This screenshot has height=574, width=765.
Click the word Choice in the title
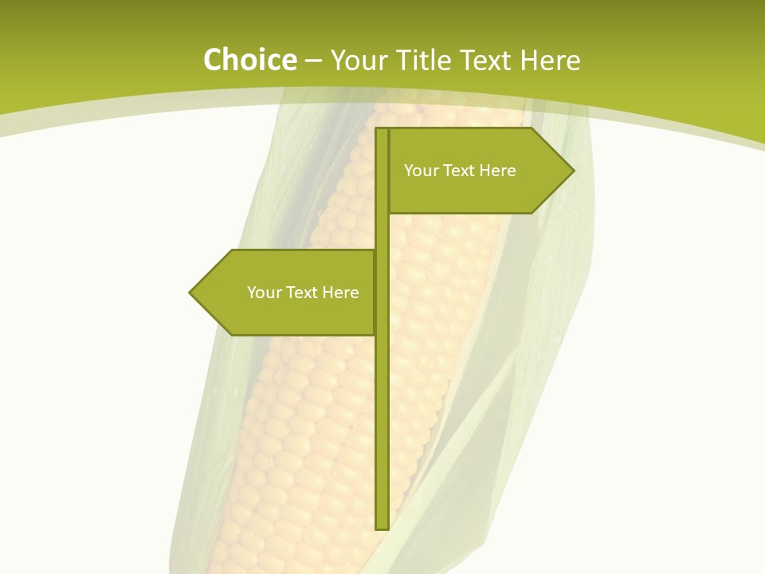249,60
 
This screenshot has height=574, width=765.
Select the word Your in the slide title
359,60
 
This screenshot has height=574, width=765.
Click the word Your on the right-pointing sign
420,171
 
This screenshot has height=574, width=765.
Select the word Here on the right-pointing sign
497,171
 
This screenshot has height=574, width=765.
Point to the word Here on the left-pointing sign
340,293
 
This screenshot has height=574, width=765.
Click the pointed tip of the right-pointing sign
572,170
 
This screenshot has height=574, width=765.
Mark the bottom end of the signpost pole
382,527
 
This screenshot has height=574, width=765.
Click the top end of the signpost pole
382,130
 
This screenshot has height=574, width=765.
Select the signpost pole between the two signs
382,231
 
